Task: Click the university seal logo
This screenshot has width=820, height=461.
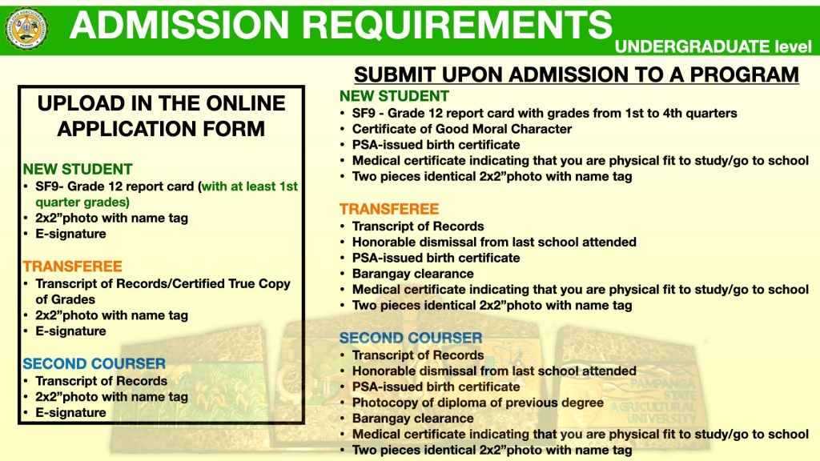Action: [26, 29]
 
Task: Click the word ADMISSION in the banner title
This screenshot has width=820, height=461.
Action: [179, 25]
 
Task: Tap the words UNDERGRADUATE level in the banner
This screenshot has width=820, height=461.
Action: [713, 46]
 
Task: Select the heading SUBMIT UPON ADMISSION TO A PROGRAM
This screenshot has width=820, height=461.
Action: [577, 74]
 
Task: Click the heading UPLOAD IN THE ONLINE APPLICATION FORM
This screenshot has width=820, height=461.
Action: [161, 115]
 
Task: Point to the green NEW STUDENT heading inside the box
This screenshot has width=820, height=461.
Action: [78, 169]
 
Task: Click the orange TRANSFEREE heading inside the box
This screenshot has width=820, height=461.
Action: [72, 266]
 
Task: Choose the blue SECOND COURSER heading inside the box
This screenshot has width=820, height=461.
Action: [94, 363]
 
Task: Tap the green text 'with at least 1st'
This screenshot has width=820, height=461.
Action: [250, 186]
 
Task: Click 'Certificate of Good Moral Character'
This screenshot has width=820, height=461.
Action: [462, 129]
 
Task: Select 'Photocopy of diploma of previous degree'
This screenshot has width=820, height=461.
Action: [477, 403]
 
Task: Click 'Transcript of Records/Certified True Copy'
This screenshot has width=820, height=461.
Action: [163, 283]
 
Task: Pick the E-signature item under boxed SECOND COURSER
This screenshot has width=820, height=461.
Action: [70, 412]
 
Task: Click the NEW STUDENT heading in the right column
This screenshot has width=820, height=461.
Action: [394, 96]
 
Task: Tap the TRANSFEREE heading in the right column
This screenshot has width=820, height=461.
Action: [389, 209]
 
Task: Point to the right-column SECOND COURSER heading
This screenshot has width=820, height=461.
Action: [411, 338]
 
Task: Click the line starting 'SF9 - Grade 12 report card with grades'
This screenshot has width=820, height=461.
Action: [545, 113]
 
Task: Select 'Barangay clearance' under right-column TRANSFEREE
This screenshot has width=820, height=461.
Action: [412, 274]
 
